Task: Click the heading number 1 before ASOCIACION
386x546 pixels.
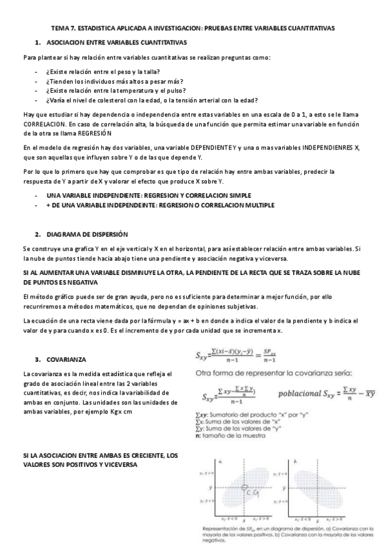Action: pyautogui.click(x=39, y=42)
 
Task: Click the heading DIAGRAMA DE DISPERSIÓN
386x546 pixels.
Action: pyautogui.click(x=86, y=234)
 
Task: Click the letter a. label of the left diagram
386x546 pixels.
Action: pyautogui.click(x=221, y=461)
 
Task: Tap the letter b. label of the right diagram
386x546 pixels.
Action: pyautogui.click(x=295, y=461)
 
